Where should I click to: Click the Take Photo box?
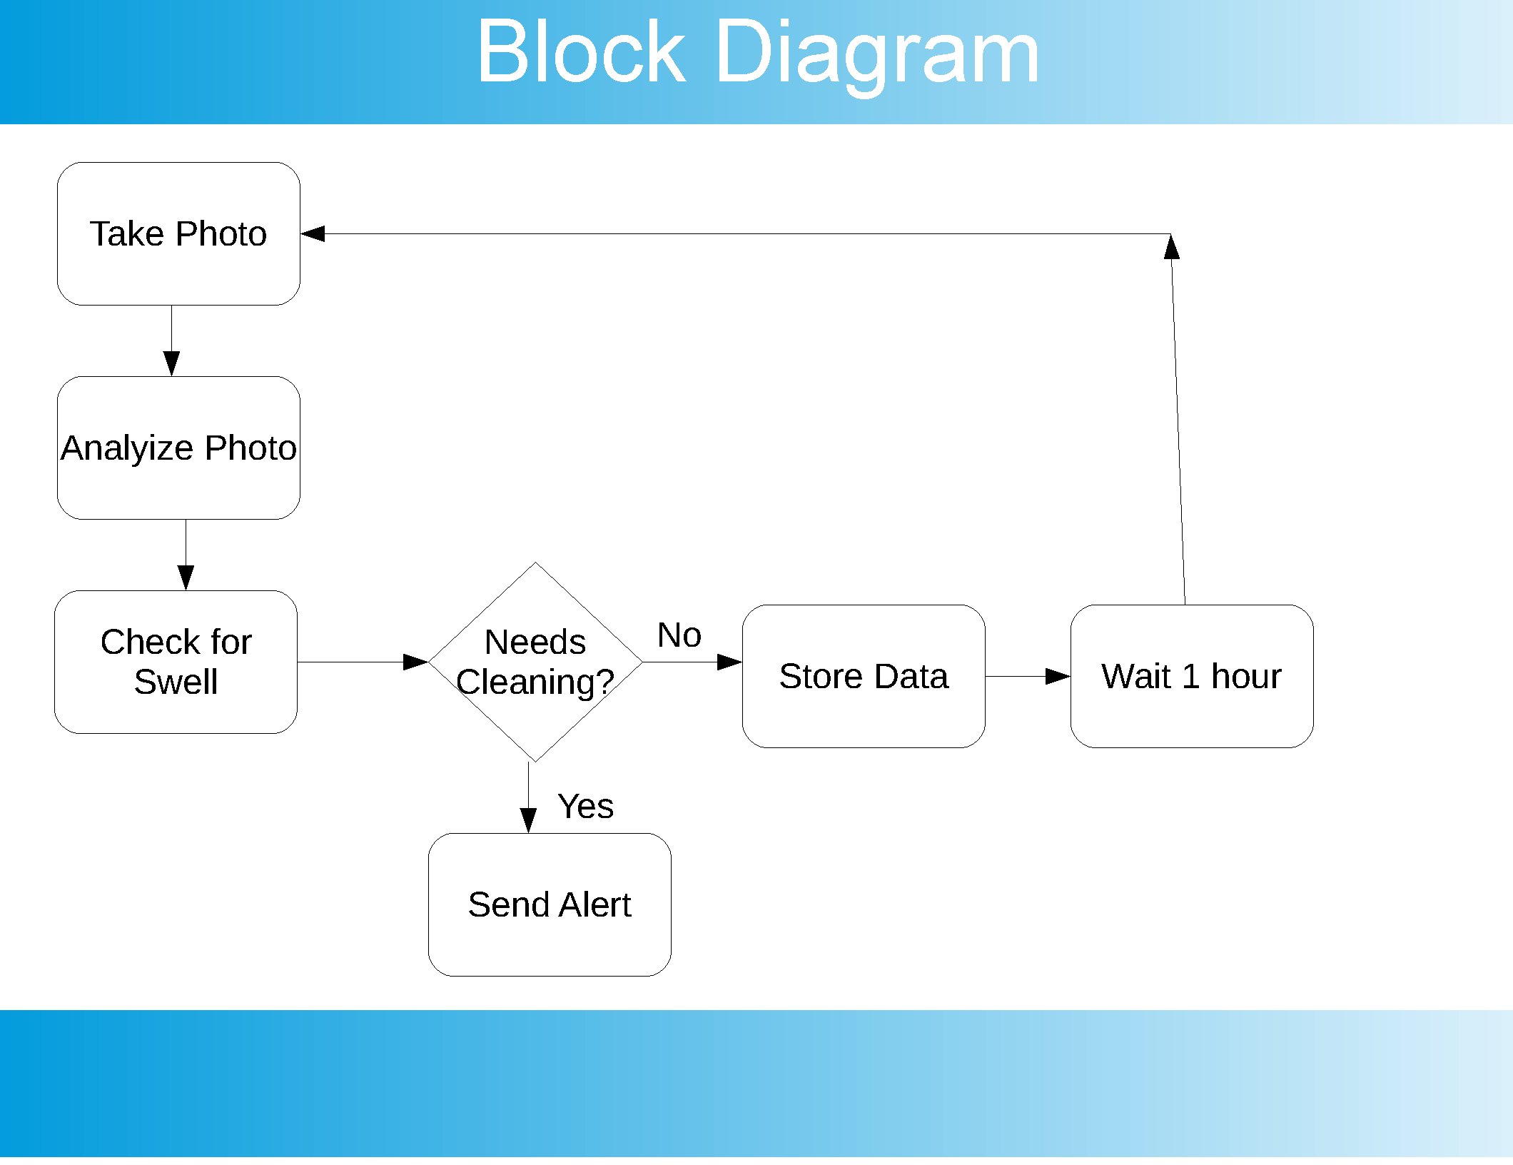(x=178, y=233)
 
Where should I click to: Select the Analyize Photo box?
(x=178, y=448)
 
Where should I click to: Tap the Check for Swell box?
(x=176, y=662)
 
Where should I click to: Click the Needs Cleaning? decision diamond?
(x=535, y=662)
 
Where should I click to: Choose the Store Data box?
(x=864, y=676)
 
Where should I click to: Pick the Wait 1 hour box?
(x=1192, y=676)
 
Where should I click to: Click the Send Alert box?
(x=550, y=904)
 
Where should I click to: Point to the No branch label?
(x=679, y=635)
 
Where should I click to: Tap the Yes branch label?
(x=585, y=806)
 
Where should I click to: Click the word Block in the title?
(x=582, y=51)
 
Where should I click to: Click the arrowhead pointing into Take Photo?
(x=313, y=233)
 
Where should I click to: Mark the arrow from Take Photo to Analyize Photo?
(x=171, y=341)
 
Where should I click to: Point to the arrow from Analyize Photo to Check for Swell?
(x=186, y=555)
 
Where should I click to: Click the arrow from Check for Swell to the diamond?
(x=363, y=662)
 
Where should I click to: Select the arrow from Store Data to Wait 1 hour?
(x=1028, y=676)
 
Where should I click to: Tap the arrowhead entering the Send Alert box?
(x=528, y=820)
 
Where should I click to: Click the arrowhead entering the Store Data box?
(x=729, y=662)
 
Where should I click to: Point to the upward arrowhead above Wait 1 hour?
(x=1171, y=246)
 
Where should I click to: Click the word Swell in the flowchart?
(x=176, y=682)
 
